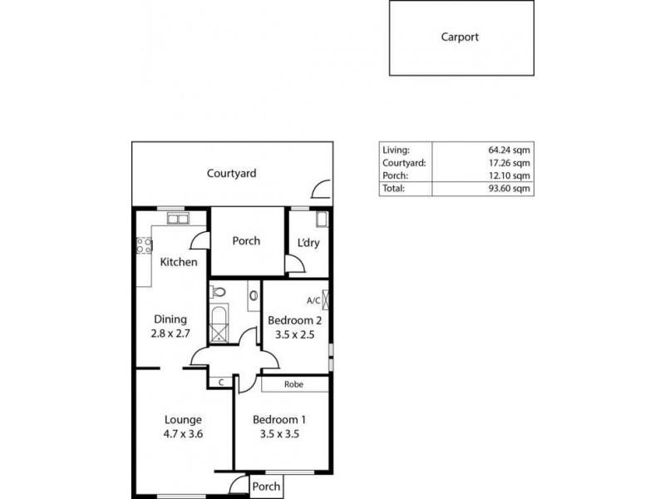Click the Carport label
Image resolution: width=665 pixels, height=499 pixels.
click(x=460, y=37)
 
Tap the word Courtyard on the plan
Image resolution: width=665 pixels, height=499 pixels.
click(x=231, y=174)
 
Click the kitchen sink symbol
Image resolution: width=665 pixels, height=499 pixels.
click(x=176, y=219)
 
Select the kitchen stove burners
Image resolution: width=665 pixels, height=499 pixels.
click(x=144, y=245)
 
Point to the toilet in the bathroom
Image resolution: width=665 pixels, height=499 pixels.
click(x=218, y=292)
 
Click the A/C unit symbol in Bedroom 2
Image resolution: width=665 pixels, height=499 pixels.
click(x=326, y=300)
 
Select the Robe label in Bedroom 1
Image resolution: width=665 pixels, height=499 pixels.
click(x=293, y=384)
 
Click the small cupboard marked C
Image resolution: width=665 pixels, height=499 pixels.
click(x=220, y=382)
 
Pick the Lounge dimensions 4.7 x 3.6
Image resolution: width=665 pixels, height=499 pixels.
click(x=182, y=433)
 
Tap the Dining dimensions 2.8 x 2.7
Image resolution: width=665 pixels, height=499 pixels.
click(x=170, y=333)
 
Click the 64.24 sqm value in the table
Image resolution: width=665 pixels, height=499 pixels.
click(x=509, y=150)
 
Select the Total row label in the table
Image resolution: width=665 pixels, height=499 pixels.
click(x=393, y=188)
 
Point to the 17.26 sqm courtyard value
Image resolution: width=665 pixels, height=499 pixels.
click(x=509, y=163)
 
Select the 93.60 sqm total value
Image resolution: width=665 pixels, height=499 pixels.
click(x=509, y=188)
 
